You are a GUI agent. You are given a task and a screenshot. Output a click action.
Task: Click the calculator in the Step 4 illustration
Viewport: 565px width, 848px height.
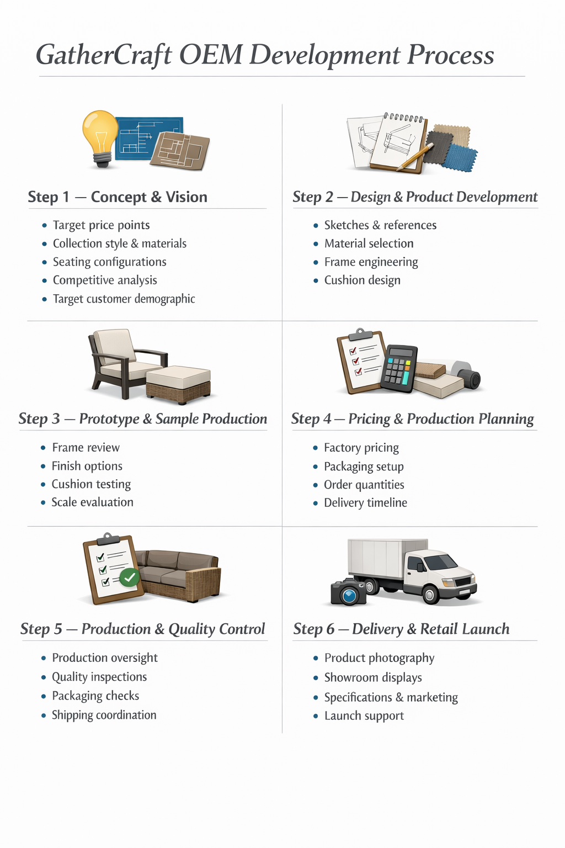click(x=399, y=368)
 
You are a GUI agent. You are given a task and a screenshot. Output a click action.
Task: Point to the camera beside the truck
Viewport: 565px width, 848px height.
click(x=348, y=592)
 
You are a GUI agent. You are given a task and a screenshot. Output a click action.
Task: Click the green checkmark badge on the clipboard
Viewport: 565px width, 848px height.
click(x=130, y=577)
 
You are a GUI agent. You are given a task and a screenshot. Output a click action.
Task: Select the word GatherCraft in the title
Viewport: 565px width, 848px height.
click(x=104, y=55)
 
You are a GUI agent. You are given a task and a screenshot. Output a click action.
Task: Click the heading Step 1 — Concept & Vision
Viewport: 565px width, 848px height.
click(x=118, y=197)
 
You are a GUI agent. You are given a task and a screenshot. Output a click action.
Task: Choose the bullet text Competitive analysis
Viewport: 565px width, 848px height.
click(x=105, y=280)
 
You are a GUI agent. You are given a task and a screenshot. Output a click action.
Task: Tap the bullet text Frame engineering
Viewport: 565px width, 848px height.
click(x=371, y=262)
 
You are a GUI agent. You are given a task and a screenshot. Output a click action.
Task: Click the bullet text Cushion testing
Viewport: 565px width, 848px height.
click(x=91, y=484)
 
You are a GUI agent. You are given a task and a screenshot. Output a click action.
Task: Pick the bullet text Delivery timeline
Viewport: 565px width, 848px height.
click(x=365, y=503)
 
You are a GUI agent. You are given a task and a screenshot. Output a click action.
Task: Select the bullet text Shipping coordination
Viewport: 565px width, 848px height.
click(x=104, y=715)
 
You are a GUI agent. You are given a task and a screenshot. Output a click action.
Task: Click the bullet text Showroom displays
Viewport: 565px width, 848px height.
click(x=373, y=677)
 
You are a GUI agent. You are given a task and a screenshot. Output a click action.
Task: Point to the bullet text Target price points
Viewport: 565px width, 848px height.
click(x=101, y=225)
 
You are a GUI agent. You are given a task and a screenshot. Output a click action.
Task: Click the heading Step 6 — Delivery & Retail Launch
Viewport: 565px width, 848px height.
click(x=401, y=629)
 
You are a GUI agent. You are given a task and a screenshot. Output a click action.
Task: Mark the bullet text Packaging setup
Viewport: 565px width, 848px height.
click(x=364, y=467)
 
